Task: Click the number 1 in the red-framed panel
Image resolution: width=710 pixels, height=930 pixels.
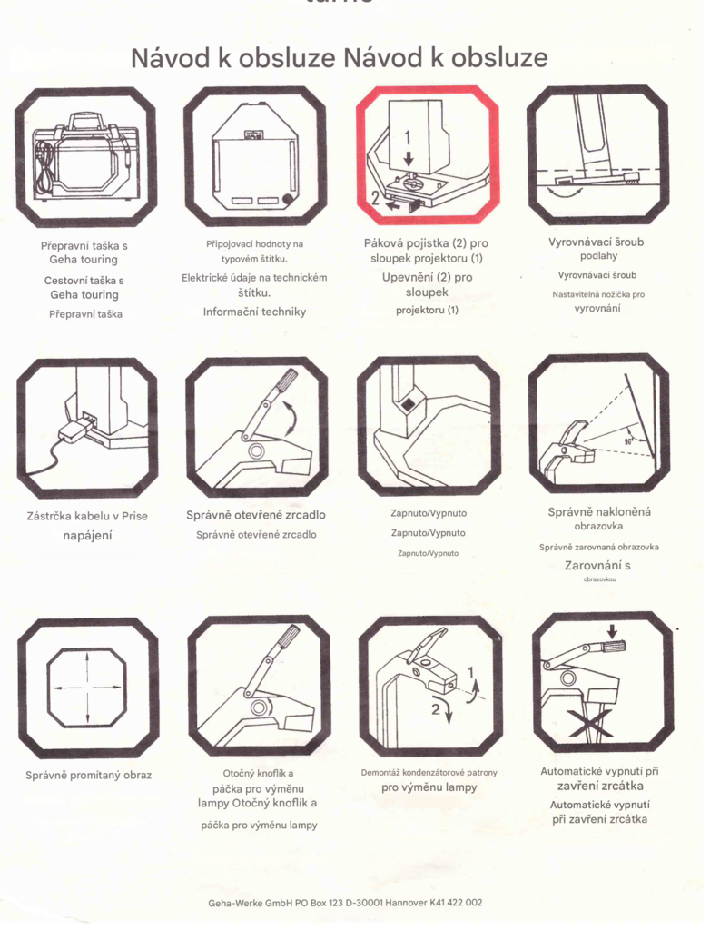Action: [408, 138]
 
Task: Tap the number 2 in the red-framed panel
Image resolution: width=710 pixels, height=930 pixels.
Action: [376, 197]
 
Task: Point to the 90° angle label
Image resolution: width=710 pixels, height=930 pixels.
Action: [628, 442]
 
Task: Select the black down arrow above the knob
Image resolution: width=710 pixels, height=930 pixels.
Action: [613, 631]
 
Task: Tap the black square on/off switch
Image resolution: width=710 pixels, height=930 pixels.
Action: [409, 405]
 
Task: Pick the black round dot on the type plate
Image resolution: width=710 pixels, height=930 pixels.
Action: [288, 200]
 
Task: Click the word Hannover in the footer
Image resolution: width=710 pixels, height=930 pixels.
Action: [406, 903]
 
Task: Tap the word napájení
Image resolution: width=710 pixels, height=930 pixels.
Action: [87, 536]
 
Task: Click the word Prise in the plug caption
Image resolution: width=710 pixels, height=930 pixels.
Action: [134, 516]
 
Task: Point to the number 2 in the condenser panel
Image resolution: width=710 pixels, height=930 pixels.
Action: [436, 709]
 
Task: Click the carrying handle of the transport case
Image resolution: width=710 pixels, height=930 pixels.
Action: [82, 121]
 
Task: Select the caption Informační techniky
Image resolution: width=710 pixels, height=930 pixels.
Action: [254, 312]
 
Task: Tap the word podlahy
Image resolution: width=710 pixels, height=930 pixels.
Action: [598, 256]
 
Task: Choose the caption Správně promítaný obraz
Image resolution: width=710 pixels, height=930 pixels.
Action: [88, 776]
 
